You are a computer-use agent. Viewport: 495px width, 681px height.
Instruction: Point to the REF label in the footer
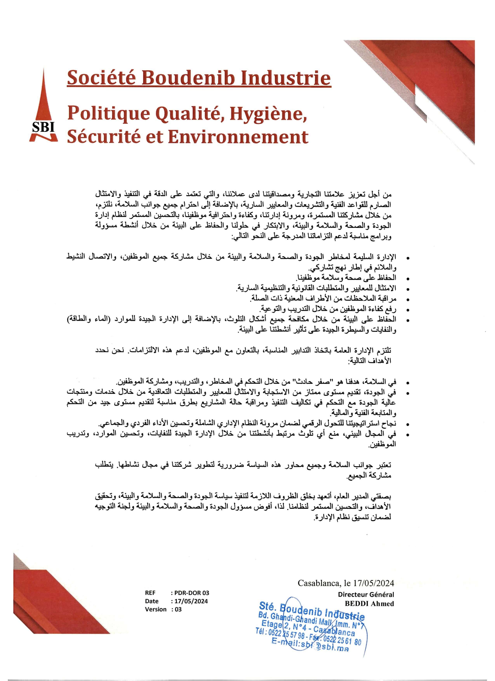150,593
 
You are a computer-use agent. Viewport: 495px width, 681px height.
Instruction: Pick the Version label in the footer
156,609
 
